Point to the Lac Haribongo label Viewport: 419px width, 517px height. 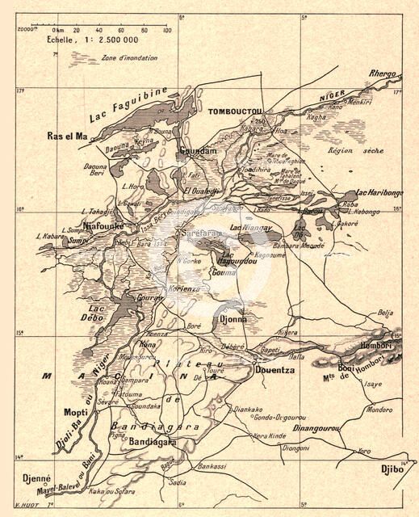pos(379,194)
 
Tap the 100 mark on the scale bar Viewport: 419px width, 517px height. pos(167,30)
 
